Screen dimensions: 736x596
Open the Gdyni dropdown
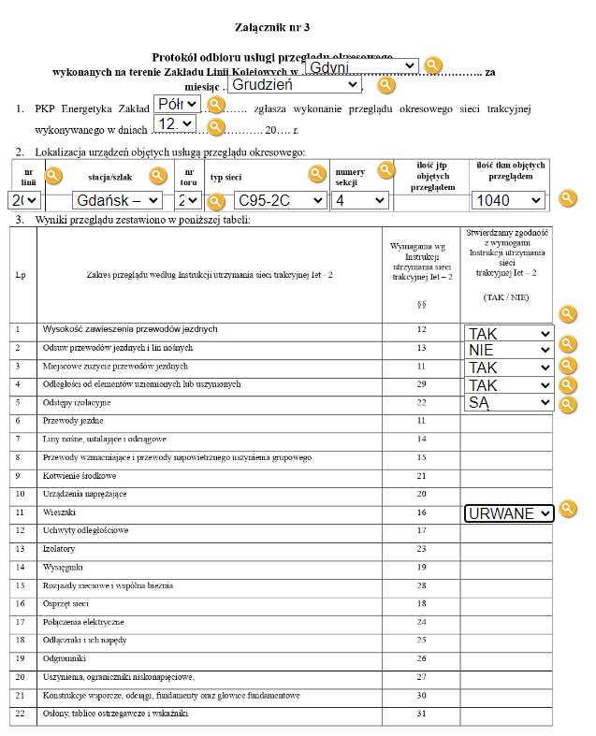pos(361,67)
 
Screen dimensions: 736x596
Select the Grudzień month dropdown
pos(295,84)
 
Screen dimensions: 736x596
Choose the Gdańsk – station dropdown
pos(117,200)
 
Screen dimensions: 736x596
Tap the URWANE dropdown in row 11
pos(509,513)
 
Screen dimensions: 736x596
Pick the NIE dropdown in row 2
pos(509,350)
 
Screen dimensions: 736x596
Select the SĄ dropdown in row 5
pos(509,402)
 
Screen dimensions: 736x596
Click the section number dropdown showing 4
pos(360,200)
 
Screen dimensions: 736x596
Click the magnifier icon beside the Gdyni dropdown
pos(432,65)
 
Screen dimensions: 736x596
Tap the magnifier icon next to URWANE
pos(567,510)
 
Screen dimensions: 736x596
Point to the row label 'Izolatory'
pos(59,549)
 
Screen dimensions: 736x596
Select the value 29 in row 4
pos(421,384)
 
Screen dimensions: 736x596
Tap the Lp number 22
pos(20,714)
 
